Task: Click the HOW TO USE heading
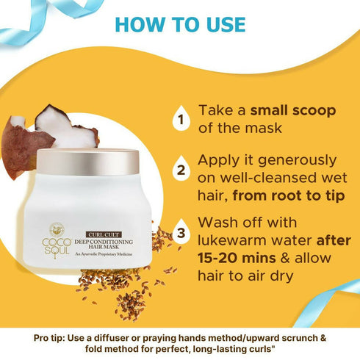coord(180,24)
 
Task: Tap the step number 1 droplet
coord(178,118)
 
